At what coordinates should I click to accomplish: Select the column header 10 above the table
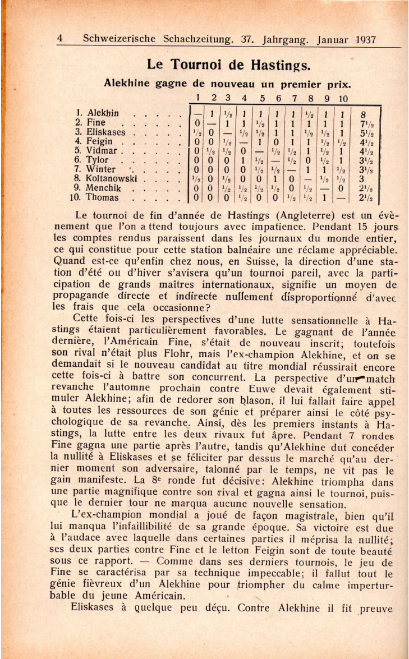[343, 99]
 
